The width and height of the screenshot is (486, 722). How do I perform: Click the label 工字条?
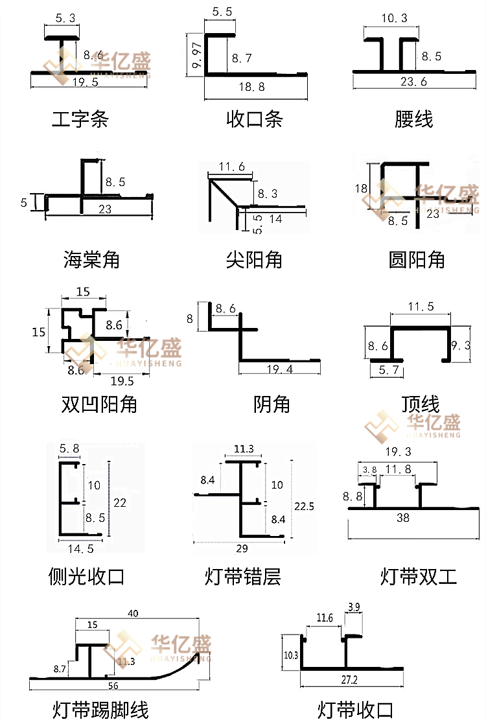tap(80, 119)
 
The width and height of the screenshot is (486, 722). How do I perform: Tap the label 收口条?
tap(255, 119)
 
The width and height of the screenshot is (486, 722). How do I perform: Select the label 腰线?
tap(413, 119)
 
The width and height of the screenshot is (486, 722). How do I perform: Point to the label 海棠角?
tap(91, 260)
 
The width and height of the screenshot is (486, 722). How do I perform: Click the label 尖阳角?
tap(255, 260)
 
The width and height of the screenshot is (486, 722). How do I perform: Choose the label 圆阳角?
tap(416, 260)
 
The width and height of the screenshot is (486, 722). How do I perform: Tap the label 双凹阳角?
tap(99, 404)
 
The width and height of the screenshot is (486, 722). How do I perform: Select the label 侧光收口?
tap(86, 576)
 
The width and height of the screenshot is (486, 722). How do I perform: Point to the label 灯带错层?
tap(243, 576)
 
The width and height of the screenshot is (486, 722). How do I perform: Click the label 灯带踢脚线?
tap(100, 710)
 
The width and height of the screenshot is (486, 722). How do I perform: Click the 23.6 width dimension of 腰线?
tap(413, 82)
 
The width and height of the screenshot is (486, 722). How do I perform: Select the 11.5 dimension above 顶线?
tap(421, 307)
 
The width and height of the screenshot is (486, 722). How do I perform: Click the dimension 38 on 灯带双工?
tap(402, 518)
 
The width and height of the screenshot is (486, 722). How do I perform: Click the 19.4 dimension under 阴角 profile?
tap(279, 369)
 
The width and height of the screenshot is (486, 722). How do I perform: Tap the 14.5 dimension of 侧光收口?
tap(81, 548)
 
